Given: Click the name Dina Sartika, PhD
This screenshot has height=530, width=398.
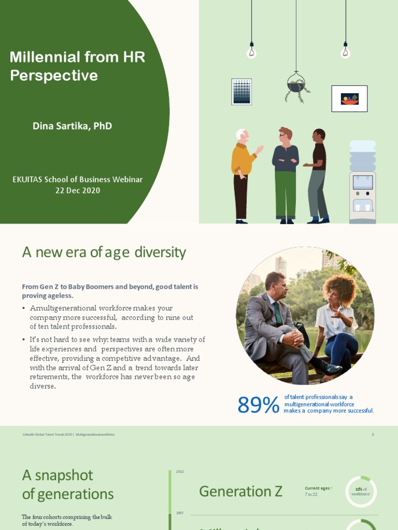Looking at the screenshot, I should coord(72,126).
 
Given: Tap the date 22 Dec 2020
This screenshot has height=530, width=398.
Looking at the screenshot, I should coord(78,190).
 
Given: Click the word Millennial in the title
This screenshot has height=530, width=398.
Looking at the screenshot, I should coord(46,57).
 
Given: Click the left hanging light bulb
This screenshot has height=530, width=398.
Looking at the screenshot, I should coord(251,51).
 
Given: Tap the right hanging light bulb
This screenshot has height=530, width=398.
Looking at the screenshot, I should coord(345,51).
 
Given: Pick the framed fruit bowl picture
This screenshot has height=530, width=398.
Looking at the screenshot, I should coord(349,98).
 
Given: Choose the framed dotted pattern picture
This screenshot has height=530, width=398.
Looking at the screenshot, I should coord(241,92).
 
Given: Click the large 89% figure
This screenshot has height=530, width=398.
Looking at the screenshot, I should coord(258,405).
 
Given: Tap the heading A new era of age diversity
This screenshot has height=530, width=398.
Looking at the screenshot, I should coord(104,253).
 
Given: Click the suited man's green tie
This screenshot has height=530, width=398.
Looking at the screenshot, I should coord(278,313).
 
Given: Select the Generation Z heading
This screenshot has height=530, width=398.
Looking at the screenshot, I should coord(241,491).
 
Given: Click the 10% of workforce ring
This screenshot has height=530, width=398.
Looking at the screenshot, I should coord(361,491).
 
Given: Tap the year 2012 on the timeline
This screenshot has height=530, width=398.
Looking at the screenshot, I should coord(180,472).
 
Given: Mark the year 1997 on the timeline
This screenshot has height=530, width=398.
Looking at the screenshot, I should coord(180,513).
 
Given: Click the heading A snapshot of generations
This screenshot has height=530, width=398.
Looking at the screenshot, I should coord(67,484).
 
